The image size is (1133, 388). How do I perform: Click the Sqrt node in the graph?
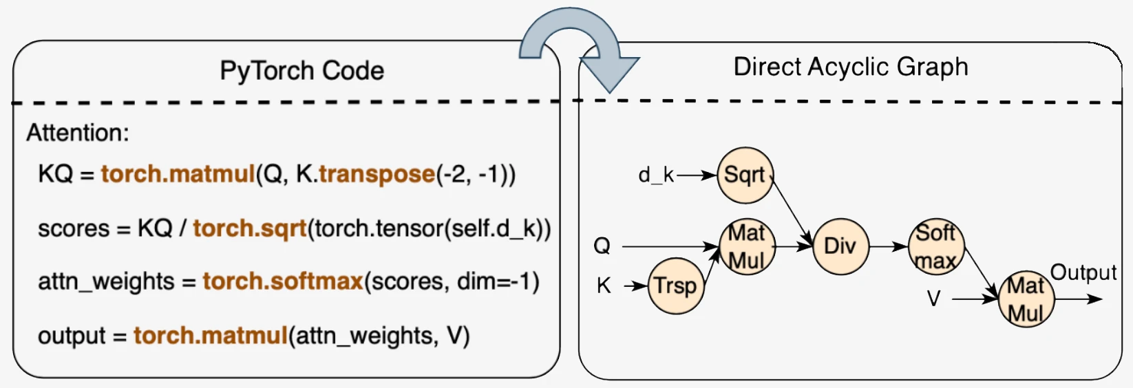(x=745, y=175)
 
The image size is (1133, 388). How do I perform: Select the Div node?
(x=840, y=246)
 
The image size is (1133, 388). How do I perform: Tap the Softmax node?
(x=936, y=247)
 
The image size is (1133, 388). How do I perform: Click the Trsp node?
(x=675, y=285)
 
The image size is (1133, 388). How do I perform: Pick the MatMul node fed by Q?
(x=747, y=247)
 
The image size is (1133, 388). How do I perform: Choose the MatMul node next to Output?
(x=1026, y=299)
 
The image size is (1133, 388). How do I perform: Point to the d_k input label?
(x=655, y=175)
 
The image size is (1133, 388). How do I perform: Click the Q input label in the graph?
(x=602, y=246)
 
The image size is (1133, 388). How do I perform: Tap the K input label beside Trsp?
(x=604, y=285)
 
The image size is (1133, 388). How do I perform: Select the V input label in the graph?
(x=933, y=299)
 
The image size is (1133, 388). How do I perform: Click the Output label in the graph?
(x=1083, y=272)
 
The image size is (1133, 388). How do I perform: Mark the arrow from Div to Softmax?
(x=889, y=246)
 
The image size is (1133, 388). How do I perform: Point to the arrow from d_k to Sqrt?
(x=696, y=175)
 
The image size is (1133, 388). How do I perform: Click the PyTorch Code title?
(x=301, y=71)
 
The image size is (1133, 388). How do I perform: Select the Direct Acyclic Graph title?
(x=850, y=67)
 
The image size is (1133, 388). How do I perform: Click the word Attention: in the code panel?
(x=78, y=133)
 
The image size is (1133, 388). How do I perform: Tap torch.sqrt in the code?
(x=249, y=228)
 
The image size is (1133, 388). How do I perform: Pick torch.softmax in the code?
(x=282, y=281)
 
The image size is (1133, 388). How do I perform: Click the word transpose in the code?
(x=377, y=174)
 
